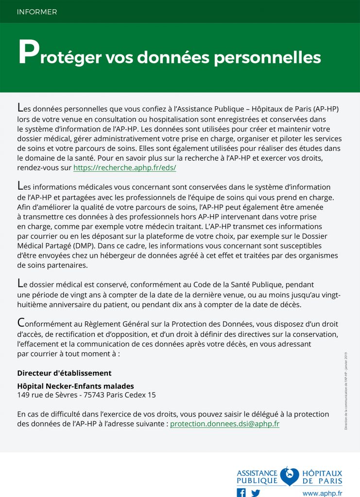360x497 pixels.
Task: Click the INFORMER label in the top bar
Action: click(37, 12)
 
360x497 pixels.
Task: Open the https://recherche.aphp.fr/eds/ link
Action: click(124, 167)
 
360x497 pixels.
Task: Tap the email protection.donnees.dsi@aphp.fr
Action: click(224, 424)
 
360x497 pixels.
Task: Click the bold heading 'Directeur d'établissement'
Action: click(64, 373)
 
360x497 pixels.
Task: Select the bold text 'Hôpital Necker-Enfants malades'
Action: click(75, 386)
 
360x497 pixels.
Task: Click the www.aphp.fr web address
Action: click(322, 493)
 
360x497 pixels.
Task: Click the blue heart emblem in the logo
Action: click(290, 476)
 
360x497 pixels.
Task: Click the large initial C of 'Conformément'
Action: click(20, 322)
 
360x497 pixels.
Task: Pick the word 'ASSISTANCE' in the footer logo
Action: click(257, 472)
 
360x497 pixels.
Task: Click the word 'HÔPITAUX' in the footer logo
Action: click(322, 472)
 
